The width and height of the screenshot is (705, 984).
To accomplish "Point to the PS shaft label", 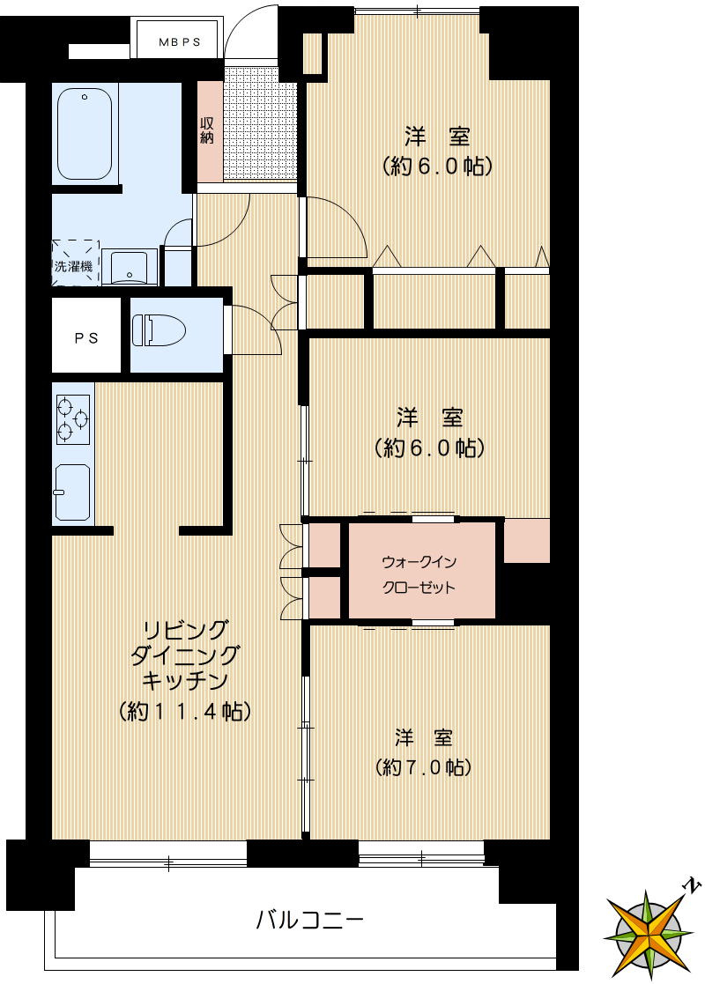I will pyautogui.click(x=85, y=337).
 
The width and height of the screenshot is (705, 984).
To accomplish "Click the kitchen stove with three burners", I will pyautogui.click(x=73, y=418).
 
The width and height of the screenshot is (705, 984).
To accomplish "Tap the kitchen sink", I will pyautogui.click(x=72, y=492).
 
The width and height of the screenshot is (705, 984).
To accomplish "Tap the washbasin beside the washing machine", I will pyautogui.click(x=130, y=265).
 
